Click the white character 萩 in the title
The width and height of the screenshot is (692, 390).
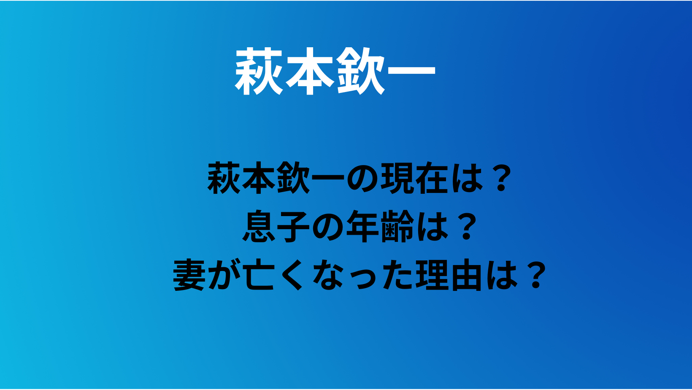tap(259, 71)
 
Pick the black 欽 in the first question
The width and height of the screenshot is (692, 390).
tap(293, 178)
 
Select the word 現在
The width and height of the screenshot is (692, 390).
tap(415, 178)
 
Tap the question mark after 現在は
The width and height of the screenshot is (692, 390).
tap(501, 178)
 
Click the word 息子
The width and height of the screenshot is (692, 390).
tap(276, 226)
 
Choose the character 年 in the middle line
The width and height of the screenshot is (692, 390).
tap(363, 226)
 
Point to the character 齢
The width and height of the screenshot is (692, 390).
tap(397, 226)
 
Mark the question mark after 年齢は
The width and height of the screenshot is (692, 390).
tap(467, 226)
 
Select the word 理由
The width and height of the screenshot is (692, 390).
tap(449, 275)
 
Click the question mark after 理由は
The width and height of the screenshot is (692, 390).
tap(535, 275)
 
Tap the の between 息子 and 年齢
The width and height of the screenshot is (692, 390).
tap(328, 227)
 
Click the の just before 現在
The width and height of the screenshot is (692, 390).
tap(362, 179)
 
